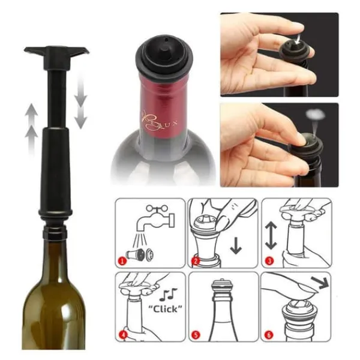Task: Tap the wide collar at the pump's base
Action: coord(58,214)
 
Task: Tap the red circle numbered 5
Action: coord(196,334)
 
